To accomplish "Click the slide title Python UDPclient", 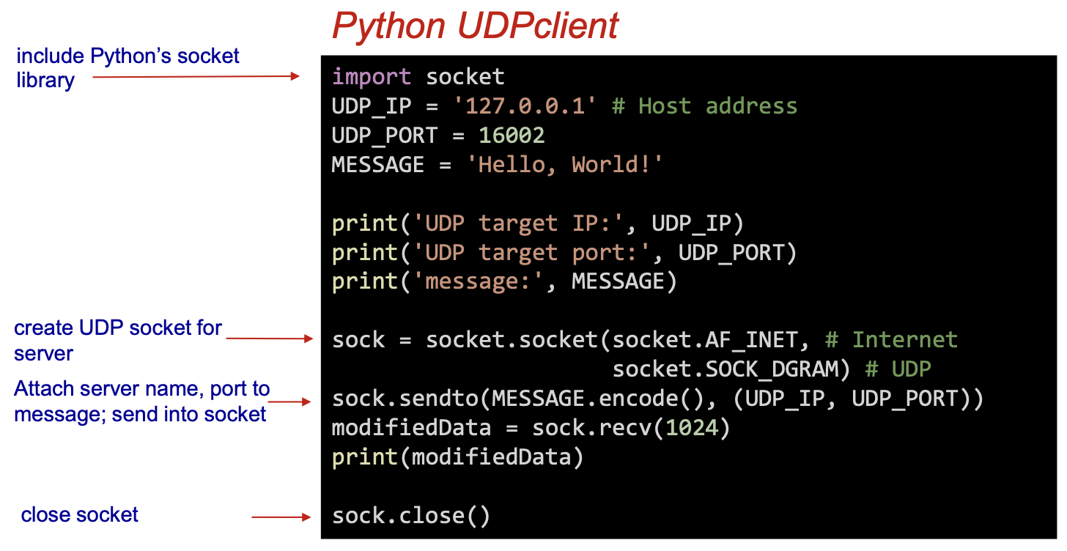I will pos(475,27).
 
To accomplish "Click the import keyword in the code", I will pos(372,77).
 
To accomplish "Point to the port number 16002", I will pos(512,136).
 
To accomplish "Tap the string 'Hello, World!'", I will pos(564,164).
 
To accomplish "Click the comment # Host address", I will pos(704,106).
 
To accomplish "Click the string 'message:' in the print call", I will pos(484,281).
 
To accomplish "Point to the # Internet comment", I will pos(891,340).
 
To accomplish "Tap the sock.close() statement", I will pos(411,516).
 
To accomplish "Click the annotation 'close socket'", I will pos(79,515).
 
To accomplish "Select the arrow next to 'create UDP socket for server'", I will pos(269,339).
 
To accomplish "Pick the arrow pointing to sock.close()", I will pos(281,517).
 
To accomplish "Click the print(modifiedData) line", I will pos(457,457).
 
